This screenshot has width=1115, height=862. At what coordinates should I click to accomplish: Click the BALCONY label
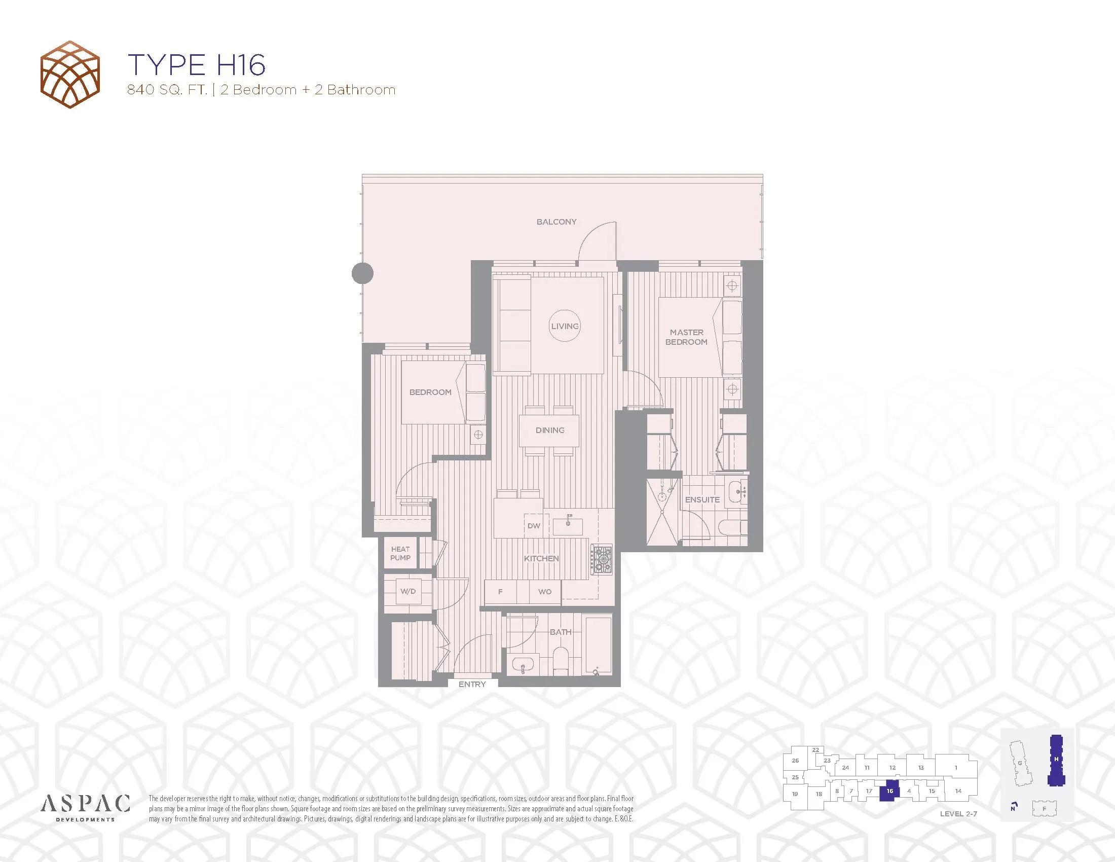click(556, 222)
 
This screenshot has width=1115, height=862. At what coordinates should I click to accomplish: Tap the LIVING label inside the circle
click(565, 327)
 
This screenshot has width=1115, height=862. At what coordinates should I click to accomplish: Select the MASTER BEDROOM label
click(686, 337)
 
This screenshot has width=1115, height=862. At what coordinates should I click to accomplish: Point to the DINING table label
click(550, 430)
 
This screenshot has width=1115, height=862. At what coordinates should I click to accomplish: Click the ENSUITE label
click(702, 499)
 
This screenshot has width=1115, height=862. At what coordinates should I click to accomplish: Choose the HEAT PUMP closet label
click(400, 554)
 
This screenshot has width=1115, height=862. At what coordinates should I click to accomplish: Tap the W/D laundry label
click(408, 591)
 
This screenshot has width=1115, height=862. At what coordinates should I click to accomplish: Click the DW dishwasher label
click(534, 525)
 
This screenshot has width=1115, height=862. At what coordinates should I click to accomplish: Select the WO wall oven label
click(545, 591)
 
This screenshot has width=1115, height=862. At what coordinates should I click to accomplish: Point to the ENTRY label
click(472, 684)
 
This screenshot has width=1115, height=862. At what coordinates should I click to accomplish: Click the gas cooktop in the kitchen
click(603, 559)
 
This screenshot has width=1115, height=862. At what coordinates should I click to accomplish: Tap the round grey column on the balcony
click(362, 273)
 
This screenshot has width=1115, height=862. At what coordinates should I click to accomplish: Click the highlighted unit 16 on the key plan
click(890, 791)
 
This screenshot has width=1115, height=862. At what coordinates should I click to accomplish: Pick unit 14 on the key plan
click(958, 791)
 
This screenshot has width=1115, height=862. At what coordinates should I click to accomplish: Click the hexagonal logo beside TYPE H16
click(70, 75)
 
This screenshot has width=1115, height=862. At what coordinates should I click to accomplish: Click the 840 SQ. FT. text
click(167, 90)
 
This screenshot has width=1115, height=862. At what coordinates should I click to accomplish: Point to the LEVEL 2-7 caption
click(958, 814)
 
